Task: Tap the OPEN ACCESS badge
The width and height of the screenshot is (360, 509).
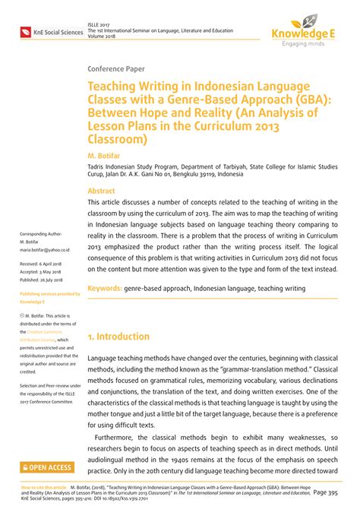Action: point(48,468)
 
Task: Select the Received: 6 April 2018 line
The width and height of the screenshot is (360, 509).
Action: point(43,264)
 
